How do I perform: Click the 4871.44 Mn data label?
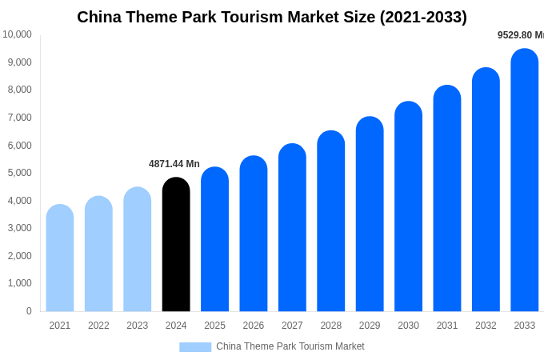coord(174,164)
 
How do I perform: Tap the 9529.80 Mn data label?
coord(520,35)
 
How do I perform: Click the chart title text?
coord(272,17)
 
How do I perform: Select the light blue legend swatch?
coord(195,347)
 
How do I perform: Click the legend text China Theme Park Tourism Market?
coord(290,346)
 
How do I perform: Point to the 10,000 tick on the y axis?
coord(17,34)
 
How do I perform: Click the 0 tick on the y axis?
coord(29,311)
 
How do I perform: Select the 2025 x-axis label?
coord(214,326)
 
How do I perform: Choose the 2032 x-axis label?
coord(486,326)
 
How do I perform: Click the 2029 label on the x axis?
coord(370,326)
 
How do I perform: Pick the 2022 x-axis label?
coord(98,326)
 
